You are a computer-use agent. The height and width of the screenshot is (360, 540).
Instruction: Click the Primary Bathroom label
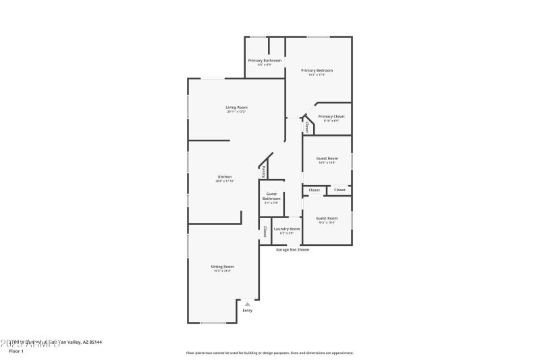(x=264, y=61)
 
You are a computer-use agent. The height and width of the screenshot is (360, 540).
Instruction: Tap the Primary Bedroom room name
(x=317, y=70)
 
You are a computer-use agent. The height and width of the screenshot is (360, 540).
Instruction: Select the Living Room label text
(x=236, y=107)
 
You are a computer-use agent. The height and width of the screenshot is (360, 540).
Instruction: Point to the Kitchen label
(x=224, y=177)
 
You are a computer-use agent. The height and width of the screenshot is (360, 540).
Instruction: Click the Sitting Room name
(x=222, y=267)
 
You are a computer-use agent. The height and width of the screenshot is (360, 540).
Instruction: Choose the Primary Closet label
(x=331, y=116)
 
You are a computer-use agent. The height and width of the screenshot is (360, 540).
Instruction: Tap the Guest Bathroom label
(x=271, y=197)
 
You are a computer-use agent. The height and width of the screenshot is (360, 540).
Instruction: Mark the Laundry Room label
(x=286, y=229)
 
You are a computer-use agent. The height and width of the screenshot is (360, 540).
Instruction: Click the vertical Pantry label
(x=263, y=172)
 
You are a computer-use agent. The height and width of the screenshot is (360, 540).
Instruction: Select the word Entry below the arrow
(x=248, y=311)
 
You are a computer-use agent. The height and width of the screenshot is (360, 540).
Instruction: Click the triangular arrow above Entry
(x=248, y=304)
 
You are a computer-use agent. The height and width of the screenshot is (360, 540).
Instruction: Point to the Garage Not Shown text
(x=293, y=249)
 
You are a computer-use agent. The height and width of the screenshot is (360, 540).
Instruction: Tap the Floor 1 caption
(x=16, y=351)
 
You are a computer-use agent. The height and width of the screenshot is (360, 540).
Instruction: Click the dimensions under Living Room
(x=236, y=111)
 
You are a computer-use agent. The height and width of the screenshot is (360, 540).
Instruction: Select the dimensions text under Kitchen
(x=224, y=181)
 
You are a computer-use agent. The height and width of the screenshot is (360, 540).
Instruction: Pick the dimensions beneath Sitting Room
(x=222, y=271)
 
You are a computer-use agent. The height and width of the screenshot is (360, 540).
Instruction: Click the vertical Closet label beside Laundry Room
(x=265, y=232)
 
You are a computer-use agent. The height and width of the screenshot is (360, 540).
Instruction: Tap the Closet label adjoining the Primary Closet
(x=307, y=126)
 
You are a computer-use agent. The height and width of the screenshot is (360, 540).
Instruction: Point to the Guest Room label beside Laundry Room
(x=327, y=218)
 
